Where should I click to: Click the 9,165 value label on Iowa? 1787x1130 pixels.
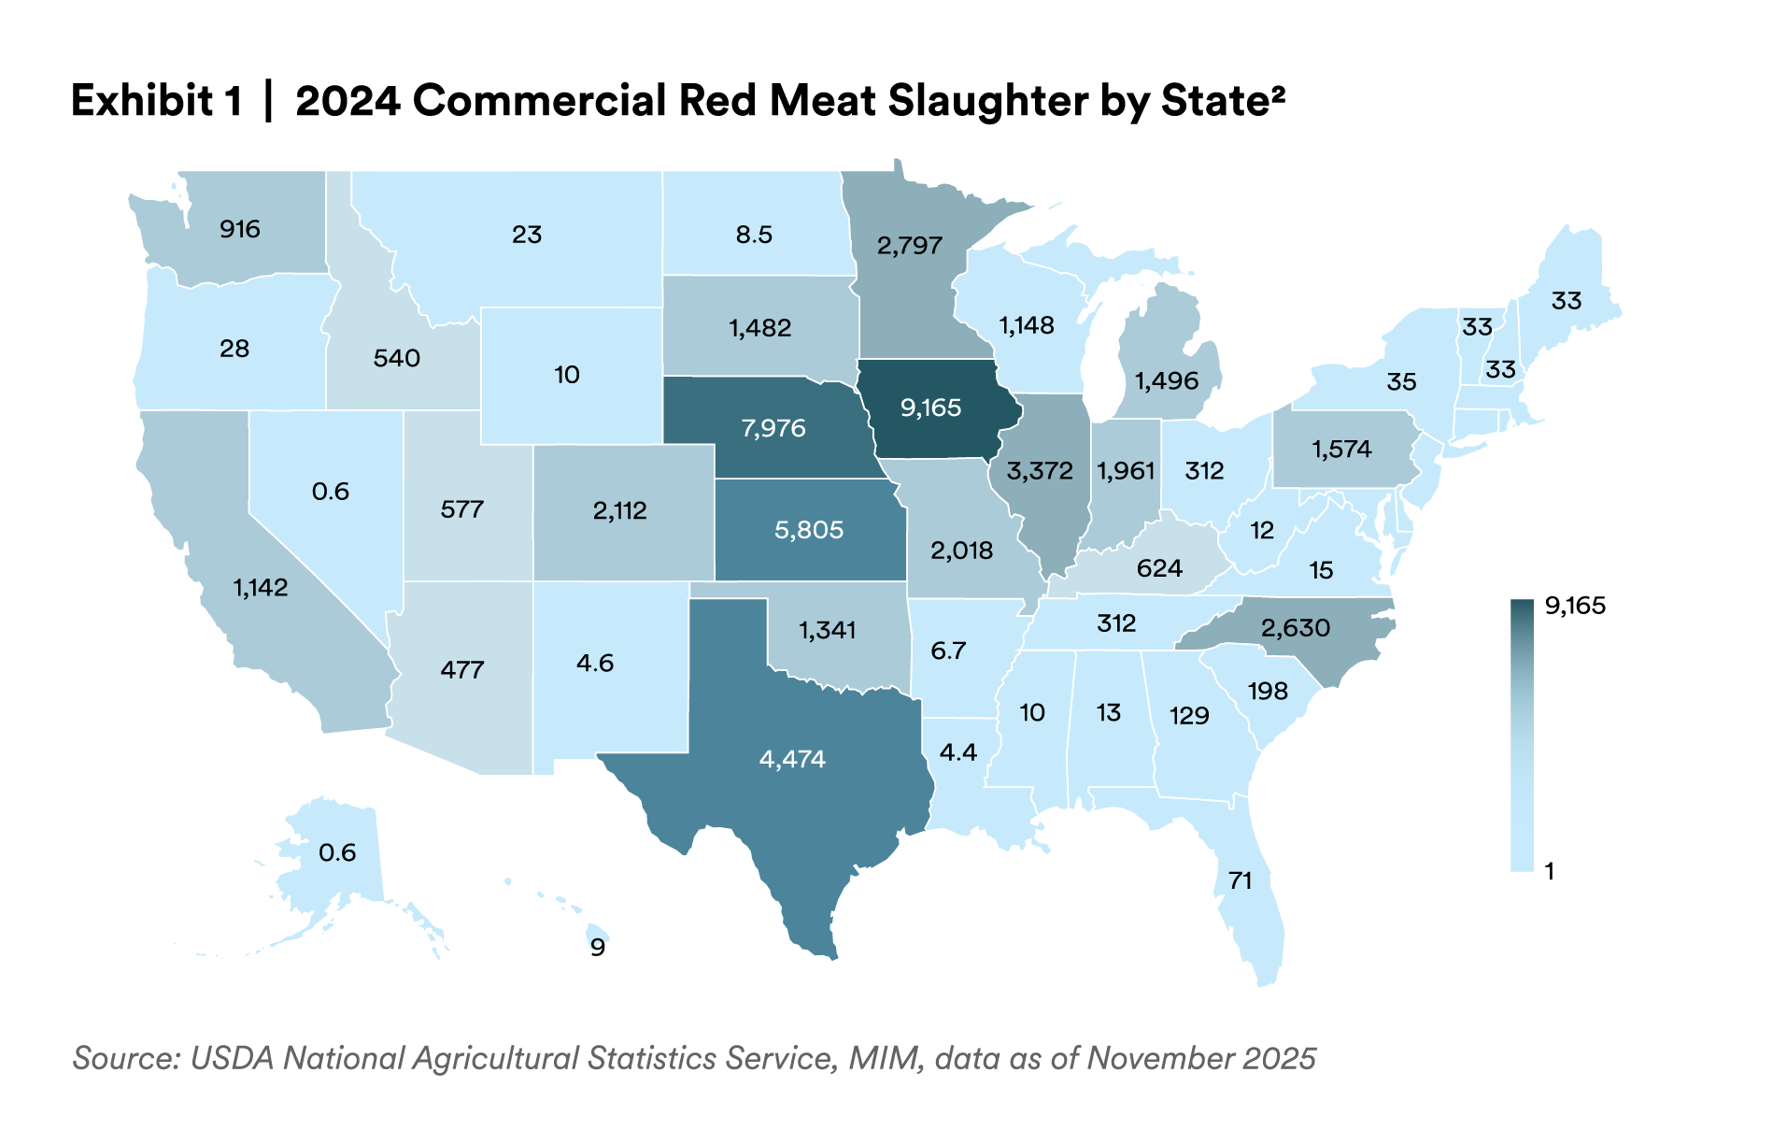click(x=930, y=408)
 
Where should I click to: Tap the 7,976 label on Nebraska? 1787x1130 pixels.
click(x=773, y=428)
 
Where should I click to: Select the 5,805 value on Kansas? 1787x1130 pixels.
click(x=809, y=530)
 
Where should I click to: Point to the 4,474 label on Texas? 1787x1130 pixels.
click(x=792, y=758)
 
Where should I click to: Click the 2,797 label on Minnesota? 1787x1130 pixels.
click(x=909, y=246)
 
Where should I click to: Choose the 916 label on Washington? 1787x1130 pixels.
click(x=240, y=229)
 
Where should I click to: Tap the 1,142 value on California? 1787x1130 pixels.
click(x=261, y=588)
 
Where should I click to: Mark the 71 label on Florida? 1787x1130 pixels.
click(x=1240, y=880)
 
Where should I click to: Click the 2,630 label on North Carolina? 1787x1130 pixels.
click(x=1295, y=627)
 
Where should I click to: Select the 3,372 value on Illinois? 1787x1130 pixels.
click(x=1040, y=470)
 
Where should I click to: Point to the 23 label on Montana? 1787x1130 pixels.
click(x=527, y=235)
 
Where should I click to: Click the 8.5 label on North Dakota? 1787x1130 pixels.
click(x=754, y=235)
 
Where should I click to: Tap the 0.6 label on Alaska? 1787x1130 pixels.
click(x=337, y=852)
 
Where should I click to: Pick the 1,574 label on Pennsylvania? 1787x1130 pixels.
click(x=1341, y=449)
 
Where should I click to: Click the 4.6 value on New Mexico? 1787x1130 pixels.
click(x=595, y=664)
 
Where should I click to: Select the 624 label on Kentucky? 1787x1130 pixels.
click(x=1159, y=568)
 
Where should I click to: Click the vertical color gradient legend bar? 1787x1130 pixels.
click(x=1522, y=735)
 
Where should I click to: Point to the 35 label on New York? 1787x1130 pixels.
click(x=1401, y=381)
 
